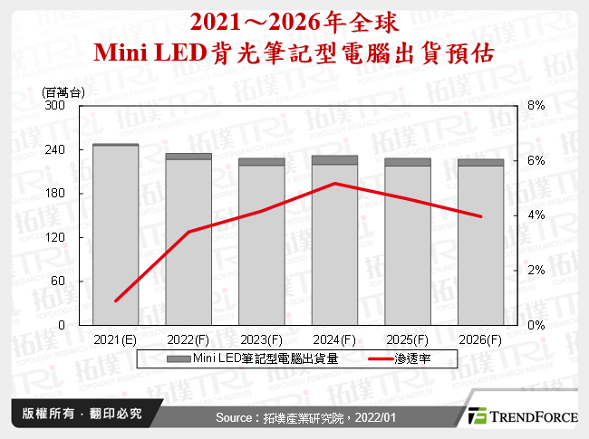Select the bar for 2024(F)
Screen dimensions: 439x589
(x=334, y=243)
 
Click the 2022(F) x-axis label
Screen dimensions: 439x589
(x=188, y=339)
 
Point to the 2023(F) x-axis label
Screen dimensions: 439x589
(x=262, y=339)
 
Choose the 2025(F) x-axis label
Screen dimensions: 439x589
(x=408, y=339)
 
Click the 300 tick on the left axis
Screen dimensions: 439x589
(x=58, y=106)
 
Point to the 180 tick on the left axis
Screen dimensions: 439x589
(x=58, y=194)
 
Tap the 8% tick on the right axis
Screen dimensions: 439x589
(x=536, y=106)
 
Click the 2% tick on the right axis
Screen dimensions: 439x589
(x=536, y=270)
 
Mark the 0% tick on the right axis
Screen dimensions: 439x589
(x=536, y=325)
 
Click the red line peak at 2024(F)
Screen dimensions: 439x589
(x=334, y=184)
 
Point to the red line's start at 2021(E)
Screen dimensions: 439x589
(x=116, y=301)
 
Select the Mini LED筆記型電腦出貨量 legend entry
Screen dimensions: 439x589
(x=254, y=359)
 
